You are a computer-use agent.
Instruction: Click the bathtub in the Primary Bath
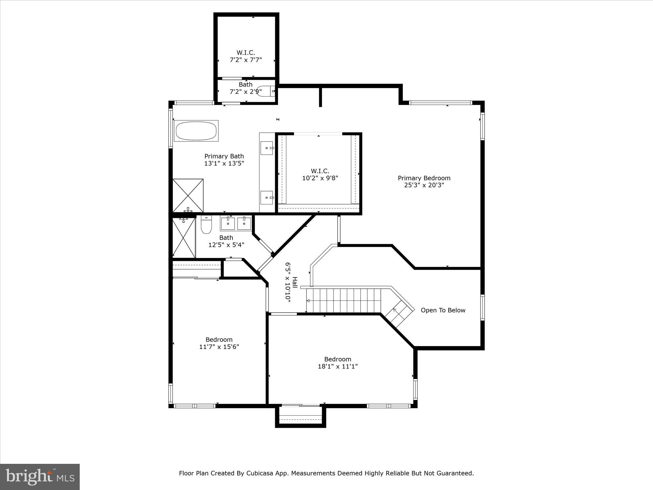196,131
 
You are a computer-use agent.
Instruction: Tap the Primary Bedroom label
424,178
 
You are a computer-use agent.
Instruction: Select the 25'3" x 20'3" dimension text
424,185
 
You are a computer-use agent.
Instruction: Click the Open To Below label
443,310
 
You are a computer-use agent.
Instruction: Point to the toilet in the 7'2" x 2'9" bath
264,91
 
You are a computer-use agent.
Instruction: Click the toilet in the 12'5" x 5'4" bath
206,225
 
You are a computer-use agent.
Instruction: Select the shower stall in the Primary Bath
188,195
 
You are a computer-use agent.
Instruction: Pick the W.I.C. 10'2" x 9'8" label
320,174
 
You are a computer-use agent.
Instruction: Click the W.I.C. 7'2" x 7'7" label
246,56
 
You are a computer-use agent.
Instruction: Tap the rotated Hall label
295,283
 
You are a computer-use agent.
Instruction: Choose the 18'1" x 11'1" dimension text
338,367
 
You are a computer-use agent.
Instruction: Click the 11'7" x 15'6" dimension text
219,347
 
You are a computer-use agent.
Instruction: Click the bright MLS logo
40,477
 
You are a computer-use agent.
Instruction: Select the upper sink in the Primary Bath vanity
267,148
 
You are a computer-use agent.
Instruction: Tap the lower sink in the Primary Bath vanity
267,197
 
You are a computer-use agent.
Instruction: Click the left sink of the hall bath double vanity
228,223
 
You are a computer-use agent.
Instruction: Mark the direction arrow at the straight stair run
309,301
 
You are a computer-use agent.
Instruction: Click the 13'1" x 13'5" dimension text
224,163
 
